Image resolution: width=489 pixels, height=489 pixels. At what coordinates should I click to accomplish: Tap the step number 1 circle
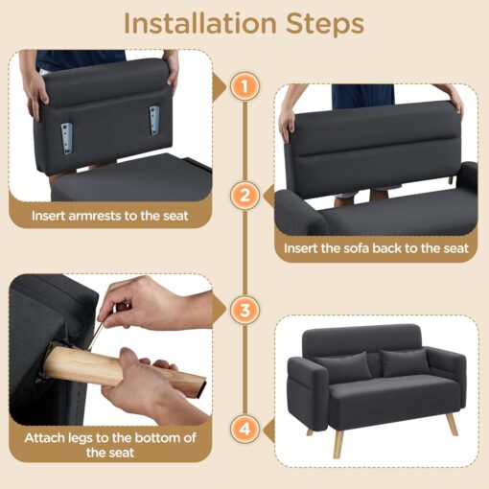[x=245, y=86]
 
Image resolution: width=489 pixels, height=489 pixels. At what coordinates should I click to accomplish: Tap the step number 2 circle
[x=245, y=197]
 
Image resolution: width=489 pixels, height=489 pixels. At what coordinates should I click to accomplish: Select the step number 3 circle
[x=245, y=310]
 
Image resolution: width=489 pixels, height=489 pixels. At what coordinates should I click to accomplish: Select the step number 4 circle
[x=245, y=428]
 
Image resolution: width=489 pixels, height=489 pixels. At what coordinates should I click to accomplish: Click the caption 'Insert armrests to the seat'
[x=109, y=216]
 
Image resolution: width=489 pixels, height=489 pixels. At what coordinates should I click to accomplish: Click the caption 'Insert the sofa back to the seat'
[x=376, y=248]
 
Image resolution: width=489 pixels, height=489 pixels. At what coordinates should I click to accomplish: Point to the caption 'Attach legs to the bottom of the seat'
[x=109, y=445]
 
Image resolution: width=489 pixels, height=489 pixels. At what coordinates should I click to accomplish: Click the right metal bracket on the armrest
[x=153, y=121]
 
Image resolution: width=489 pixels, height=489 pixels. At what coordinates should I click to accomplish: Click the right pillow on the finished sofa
[x=404, y=362]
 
